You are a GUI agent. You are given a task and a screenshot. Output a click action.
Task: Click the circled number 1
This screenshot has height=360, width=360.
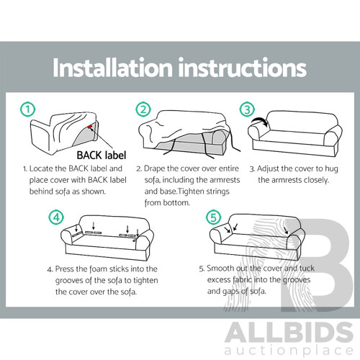point(27,109)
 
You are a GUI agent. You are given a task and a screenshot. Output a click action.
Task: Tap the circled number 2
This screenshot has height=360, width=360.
point(143,109)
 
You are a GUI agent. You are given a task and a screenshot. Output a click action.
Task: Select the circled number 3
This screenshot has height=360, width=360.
point(247,109)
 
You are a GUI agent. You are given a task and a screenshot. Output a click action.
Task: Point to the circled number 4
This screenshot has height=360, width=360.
point(56,217)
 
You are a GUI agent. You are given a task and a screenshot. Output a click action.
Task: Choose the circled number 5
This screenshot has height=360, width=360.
point(213,217)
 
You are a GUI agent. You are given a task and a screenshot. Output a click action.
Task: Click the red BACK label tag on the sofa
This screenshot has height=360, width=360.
point(90,127)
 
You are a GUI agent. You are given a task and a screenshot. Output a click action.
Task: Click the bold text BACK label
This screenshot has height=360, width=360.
point(102,156)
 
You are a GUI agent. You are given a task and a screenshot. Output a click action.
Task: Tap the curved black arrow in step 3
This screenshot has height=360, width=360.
point(261,121)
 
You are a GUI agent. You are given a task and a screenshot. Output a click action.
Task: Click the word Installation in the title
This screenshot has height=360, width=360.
point(113,68)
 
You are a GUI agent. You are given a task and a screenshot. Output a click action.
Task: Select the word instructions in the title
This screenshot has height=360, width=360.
point(243,68)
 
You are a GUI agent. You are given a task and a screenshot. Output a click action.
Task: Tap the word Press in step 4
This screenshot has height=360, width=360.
point(64,269)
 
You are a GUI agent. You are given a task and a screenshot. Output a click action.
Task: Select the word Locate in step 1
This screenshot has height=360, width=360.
point(41,168)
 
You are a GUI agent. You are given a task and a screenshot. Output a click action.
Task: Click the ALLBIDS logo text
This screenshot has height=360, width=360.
point(289,333)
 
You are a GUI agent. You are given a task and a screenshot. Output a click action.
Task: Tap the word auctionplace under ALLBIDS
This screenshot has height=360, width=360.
point(289,351)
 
